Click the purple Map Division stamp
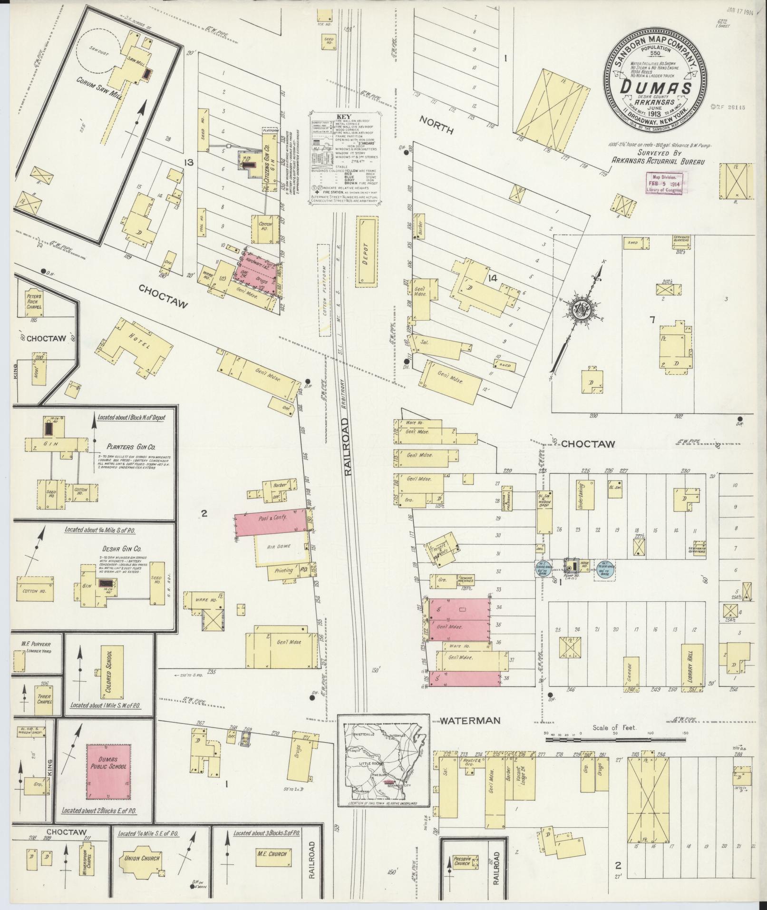[667, 183]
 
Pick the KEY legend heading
[343, 116]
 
